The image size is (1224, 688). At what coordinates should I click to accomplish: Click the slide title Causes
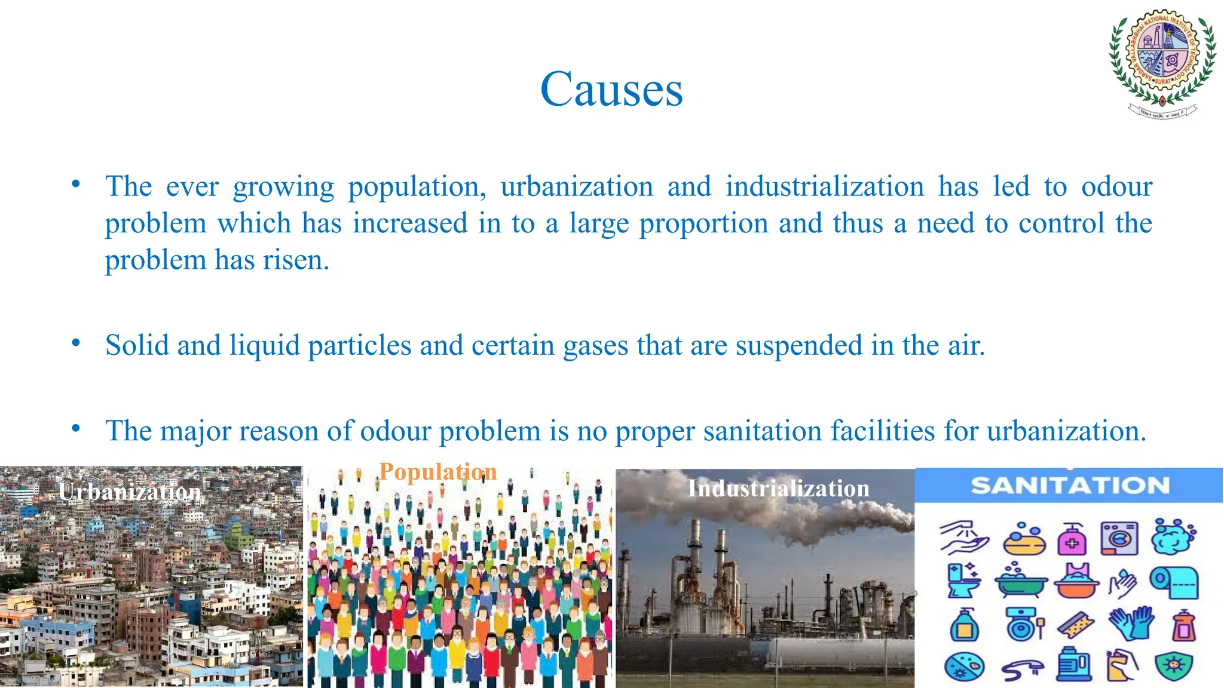(x=611, y=90)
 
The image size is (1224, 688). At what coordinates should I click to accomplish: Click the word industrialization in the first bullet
(x=825, y=187)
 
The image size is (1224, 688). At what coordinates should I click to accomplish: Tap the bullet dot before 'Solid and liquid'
(x=76, y=343)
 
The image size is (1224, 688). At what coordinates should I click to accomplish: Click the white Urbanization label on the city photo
(x=130, y=492)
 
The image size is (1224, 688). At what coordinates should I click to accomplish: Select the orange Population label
(x=437, y=472)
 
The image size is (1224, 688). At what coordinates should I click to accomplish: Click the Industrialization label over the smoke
(x=778, y=489)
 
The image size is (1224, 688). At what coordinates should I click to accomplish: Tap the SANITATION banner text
(x=1070, y=486)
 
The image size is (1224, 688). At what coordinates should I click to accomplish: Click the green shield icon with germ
(x=1173, y=666)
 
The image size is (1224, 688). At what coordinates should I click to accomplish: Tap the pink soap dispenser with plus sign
(x=1072, y=540)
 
